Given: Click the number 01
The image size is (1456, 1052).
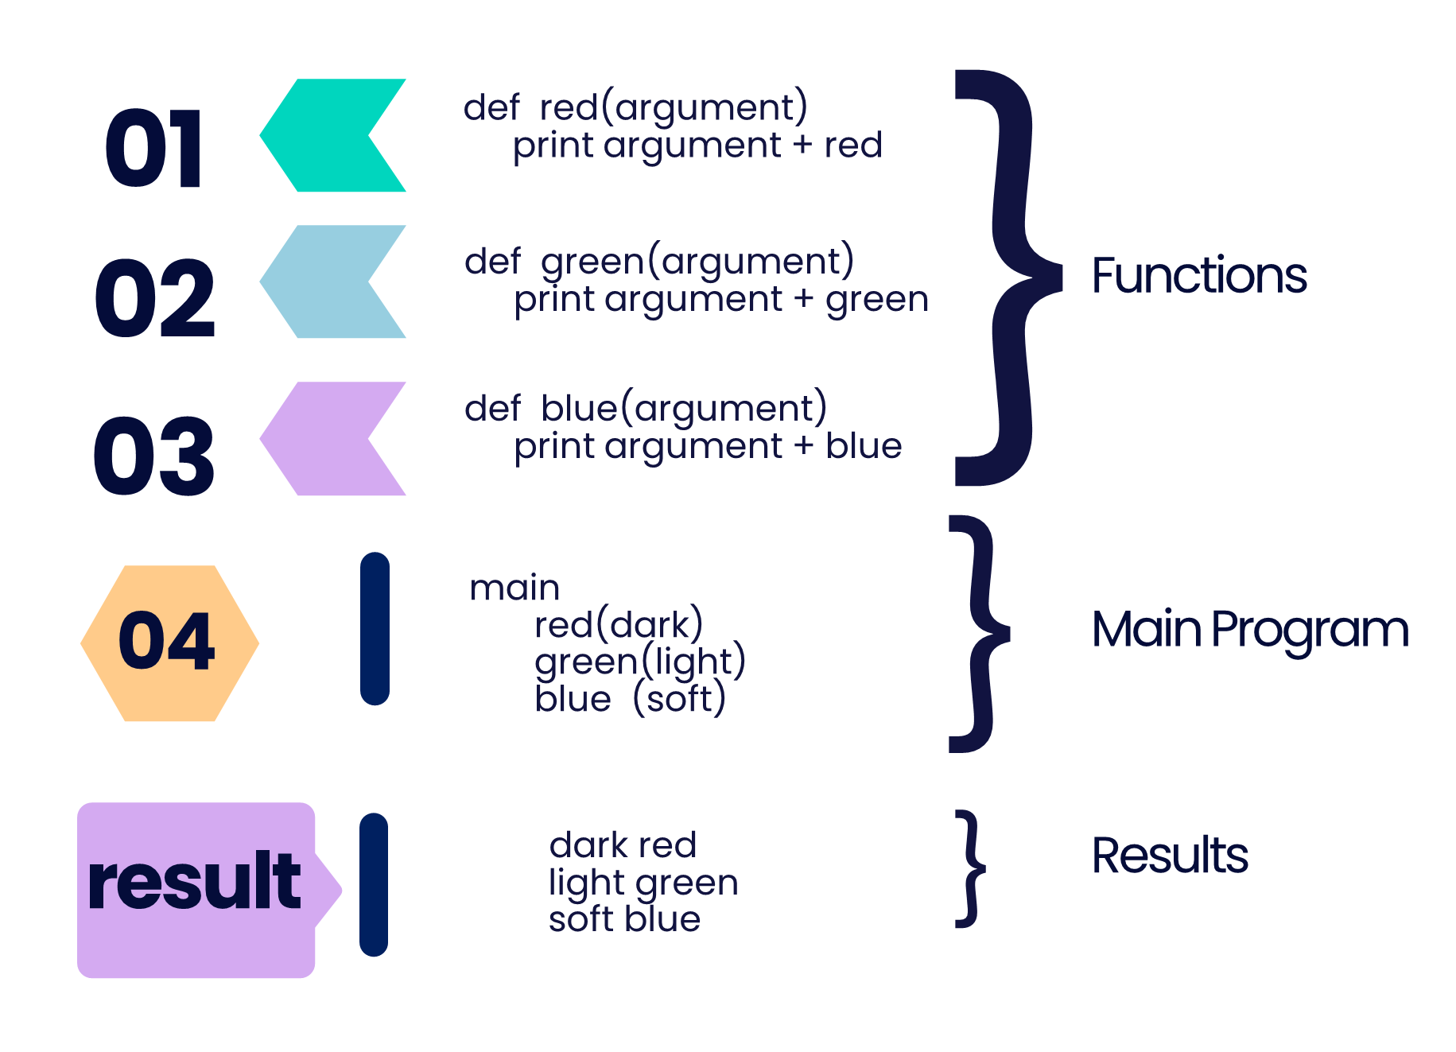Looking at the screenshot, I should (x=154, y=149).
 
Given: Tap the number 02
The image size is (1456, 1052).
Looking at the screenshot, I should (x=154, y=298).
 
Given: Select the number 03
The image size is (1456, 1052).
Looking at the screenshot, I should (x=154, y=456).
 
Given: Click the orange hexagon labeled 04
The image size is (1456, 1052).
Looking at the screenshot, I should (x=169, y=642).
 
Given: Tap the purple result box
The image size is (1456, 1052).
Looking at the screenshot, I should (x=196, y=889).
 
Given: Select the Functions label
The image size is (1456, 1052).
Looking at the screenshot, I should (x=1198, y=276).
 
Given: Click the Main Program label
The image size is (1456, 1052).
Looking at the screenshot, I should (x=1249, y=630).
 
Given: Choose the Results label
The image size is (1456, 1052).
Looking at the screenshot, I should (x=1169, y=856).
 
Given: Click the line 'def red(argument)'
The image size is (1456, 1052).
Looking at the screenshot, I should (x=635, y=107).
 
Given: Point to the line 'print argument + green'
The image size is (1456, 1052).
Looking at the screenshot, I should (x=720, y=300).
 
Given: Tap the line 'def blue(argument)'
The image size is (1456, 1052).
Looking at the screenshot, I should (x=645, y=408).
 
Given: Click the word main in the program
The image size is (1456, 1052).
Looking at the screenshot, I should (x=514, y=588).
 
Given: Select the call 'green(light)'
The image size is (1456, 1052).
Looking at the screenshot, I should (x=640, y=662).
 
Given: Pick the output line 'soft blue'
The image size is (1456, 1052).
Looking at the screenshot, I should (x=624, y=919).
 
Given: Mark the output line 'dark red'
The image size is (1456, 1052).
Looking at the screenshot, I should (x=623, y=844).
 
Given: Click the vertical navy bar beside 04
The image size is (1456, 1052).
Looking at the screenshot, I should (x=375, y=628).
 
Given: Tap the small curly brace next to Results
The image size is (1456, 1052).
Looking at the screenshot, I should (x=969, y=868).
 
